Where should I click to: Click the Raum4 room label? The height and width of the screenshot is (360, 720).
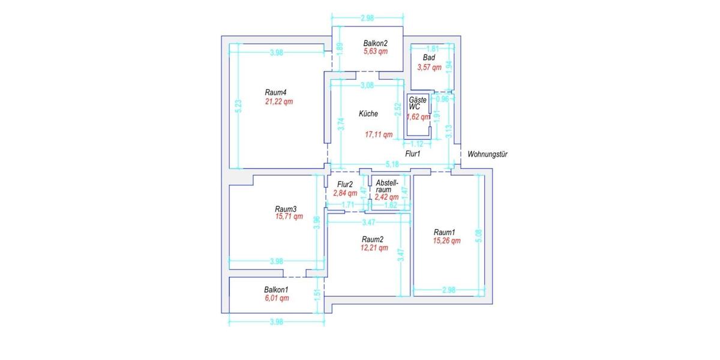[x=275, y=92]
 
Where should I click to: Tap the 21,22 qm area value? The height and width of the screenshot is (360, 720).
[x=279, y=101]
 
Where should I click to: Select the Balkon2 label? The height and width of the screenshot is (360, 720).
[x=376, y=43]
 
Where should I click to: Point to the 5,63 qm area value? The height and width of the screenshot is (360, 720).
[x=376, y=52]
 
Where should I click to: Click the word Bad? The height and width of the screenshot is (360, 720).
[x=429, y=58]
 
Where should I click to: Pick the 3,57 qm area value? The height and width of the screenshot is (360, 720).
[x=430, y=67]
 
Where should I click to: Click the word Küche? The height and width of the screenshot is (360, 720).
[x=368, y=114]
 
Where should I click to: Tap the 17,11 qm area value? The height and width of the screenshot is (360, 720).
[x=379, y=135]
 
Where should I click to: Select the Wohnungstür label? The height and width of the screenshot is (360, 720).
[x=488, y=154]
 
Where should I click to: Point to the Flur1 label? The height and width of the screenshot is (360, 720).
[x=413, y=154]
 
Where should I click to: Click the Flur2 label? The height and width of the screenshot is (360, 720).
[x=345, y=184]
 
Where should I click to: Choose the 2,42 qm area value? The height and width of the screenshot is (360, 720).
[x=386, y=197]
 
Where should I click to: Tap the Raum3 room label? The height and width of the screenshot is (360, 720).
[x=286, y=209]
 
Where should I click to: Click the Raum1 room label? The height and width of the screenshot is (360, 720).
[x=445, y=232]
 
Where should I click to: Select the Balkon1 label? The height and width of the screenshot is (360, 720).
[x=276, y=289]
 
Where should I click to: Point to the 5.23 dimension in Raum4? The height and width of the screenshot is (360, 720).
[x=239, y=107]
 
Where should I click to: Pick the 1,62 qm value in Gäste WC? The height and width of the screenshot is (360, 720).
[x=418, y=117]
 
